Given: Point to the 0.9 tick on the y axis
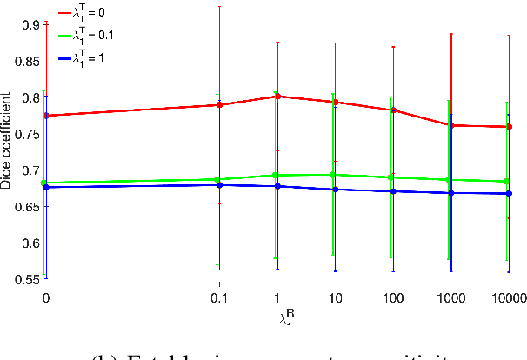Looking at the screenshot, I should pyautogui.click(x=29, y=24).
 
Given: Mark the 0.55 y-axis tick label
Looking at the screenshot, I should pyautogui.click(x=24, y=279).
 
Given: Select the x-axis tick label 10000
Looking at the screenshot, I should pyautogui.click(x=508, y=298).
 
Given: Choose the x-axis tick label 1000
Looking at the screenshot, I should pyautogui.click(x=450, y=298).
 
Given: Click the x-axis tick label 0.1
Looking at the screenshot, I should pyautogui.click(x=219, y=298).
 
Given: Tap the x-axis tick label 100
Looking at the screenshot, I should pyautogui.click(x=392, y=298).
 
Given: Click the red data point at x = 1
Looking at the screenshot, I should pyautogui.click(x=277, y=97).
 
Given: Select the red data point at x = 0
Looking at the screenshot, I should pyautogui.click(x=46, y=116).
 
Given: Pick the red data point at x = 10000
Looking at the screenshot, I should pyautogui.click(x=509, y=127).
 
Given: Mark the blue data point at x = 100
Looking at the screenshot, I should pyautogui.click(x=393, y=191).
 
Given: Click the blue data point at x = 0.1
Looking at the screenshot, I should pyautogui.click(x=220, y=185).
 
